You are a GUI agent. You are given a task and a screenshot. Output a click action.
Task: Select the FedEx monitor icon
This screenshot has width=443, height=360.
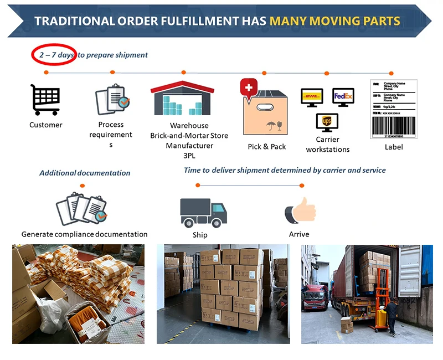point(343,97)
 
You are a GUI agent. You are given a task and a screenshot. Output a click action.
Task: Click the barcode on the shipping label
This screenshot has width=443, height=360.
point(393,126)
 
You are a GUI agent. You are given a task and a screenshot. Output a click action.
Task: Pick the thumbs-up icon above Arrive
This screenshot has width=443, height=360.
point(300,212)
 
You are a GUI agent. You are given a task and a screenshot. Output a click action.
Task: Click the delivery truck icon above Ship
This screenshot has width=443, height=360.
point(203,212)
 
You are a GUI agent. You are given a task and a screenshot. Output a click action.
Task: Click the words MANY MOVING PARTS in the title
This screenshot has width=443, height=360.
point(334,21)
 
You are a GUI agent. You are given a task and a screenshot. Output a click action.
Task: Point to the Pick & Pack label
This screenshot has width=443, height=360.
point(267,146)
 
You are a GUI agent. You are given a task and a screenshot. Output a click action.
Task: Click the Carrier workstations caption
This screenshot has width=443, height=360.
point(327,145)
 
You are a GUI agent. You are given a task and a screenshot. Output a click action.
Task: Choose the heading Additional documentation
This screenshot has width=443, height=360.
point(85,173)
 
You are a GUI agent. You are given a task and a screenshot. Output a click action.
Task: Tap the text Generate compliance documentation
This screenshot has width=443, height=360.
point(85,234)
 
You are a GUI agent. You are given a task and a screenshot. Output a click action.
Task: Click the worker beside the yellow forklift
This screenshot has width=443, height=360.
point(392,316)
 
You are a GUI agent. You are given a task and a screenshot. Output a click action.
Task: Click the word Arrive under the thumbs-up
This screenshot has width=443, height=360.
point(299,234)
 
